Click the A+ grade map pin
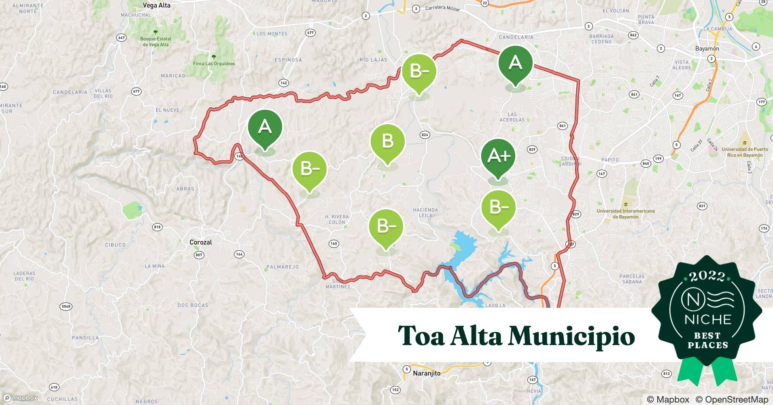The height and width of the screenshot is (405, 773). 498,156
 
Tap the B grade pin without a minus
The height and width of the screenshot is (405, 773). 388,141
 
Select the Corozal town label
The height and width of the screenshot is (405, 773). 201,242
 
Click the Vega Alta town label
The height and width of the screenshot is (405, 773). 157,6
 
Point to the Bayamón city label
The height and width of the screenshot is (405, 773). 707,49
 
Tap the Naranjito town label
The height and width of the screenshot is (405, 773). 427,373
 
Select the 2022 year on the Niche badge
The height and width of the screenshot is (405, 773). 707,276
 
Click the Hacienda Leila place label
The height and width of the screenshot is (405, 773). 425,213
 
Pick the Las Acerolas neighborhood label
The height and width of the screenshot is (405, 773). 512,117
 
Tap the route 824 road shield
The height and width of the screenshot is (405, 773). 425,135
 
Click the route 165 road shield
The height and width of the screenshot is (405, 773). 333,244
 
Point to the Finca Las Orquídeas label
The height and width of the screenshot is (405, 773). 214,64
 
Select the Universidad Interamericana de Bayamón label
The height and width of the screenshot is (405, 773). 625,214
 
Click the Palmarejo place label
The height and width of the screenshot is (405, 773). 282,267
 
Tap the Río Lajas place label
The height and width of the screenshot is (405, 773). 373,60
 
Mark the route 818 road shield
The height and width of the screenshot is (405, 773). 157,227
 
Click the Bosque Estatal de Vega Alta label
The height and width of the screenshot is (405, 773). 156,42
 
